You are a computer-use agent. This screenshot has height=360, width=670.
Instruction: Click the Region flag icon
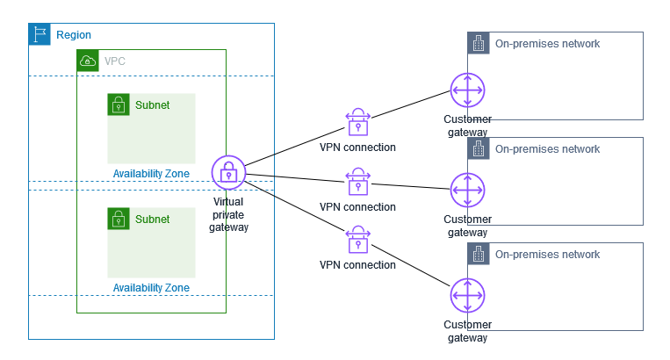40,34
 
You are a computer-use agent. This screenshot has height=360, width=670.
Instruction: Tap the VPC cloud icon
88,61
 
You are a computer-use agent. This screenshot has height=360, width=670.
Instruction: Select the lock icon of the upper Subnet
119,104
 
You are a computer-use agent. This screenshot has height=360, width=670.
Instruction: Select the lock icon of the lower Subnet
119,219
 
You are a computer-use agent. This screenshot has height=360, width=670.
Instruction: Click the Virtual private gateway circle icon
228,172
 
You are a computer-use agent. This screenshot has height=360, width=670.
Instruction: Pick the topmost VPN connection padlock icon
357,122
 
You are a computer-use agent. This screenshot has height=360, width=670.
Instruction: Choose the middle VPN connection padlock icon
357,183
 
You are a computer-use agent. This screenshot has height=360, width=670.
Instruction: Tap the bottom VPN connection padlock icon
357,240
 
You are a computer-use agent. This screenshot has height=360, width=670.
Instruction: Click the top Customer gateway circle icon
466,91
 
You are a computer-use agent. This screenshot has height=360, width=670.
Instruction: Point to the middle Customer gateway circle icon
466,191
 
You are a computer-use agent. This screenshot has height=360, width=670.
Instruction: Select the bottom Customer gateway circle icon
466,296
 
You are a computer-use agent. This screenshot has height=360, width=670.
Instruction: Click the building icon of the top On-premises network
479,43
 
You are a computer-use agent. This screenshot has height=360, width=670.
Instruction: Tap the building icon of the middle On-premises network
479,148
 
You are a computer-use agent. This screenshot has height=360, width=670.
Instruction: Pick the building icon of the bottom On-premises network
479,254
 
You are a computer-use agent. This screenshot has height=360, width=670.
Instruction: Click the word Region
74,35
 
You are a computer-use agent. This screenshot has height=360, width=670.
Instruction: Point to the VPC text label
114,61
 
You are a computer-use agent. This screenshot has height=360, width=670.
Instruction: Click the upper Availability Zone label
151,173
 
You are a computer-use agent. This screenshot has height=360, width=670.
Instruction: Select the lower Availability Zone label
151,287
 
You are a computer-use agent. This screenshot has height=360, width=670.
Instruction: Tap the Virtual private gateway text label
228,214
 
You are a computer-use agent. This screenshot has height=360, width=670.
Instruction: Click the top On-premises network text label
547,44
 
